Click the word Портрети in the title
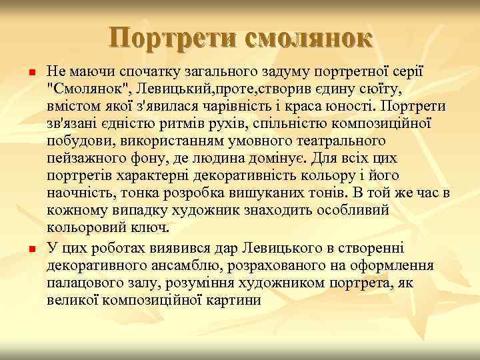point(172,38)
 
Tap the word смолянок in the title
point(307,38)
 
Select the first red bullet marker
point(24,71)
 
